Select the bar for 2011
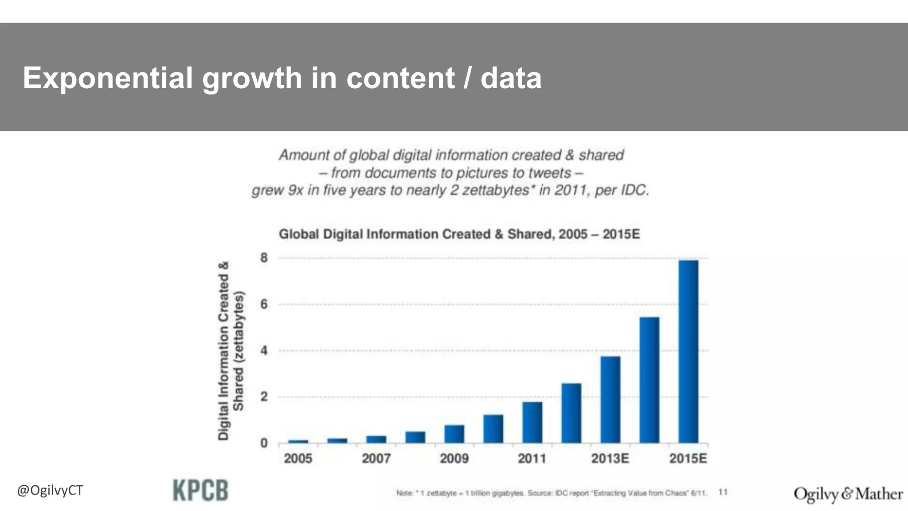click(x=532, y=422)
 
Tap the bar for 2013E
click(x=610, y=399)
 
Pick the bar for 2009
click(x=454, y=434)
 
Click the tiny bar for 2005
click(x=298, y=441)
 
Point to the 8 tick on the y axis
click(x=264, y=258)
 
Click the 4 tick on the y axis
click(x=264, y=351)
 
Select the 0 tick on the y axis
click(x=264, y=443)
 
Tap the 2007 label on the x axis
click(x=376, y=458)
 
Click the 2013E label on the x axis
click(x=610, y=458)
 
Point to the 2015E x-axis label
click(x=688, y=458)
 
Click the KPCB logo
click(x=200, y=491)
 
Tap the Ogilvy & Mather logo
click(x=848, y=494)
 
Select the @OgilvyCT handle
click(x=50, y=491)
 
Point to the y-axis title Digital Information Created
click(x=224, y=350)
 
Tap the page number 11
click(x=723, y=492)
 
